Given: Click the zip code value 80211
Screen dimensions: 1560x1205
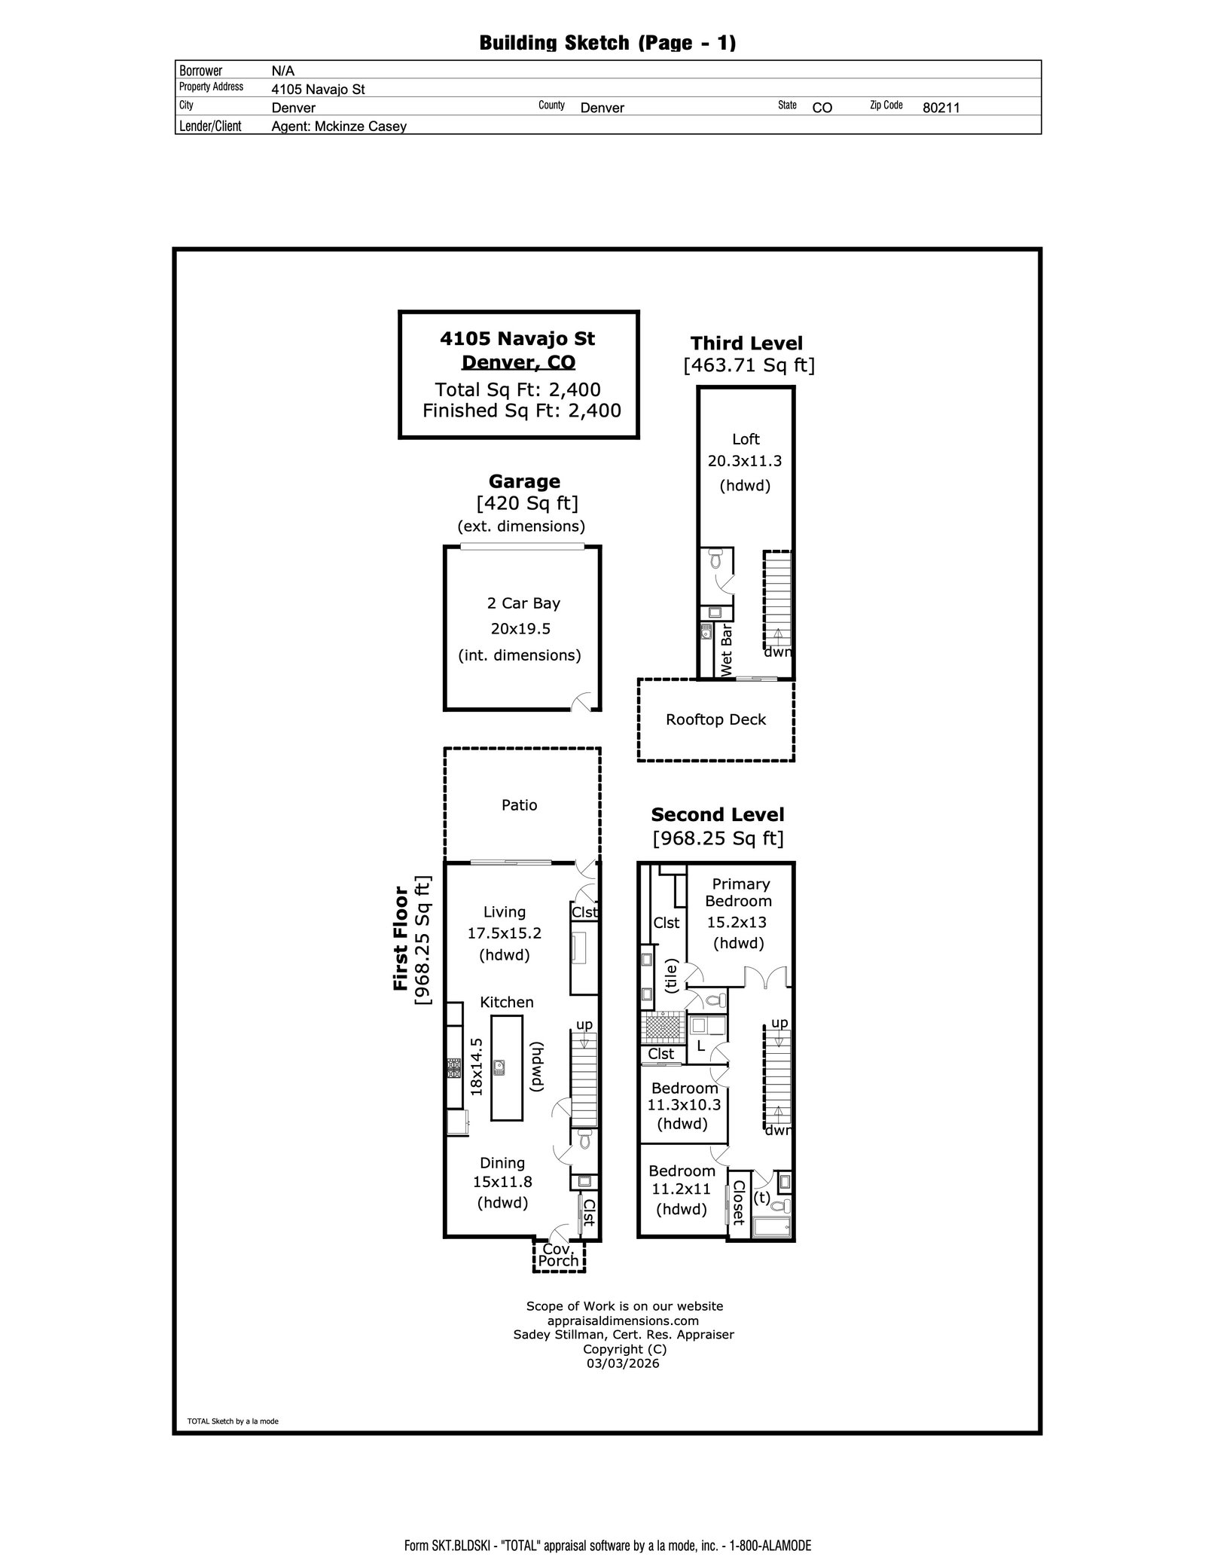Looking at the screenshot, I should coord(941,108).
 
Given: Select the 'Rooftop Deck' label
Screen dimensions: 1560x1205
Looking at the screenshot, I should coord(715,719).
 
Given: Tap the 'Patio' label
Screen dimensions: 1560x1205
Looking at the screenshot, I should coord(520,805).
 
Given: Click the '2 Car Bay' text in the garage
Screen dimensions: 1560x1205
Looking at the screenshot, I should coord(523,603).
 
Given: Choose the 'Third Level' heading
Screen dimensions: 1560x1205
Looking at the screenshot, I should coord(746,343).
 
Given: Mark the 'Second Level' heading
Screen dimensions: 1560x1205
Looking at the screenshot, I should coord(717,814).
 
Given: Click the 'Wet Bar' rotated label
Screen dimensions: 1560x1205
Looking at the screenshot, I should coord(727,651).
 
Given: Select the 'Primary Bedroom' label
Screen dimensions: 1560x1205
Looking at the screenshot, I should coord(740,893).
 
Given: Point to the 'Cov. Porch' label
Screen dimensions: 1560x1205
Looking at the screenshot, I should coord(559,1256).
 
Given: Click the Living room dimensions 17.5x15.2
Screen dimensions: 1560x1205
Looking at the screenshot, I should coord(505,933).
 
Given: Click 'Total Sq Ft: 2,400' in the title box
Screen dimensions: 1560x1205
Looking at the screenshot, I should coord(518,389).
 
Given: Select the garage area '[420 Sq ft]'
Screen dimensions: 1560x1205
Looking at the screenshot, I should coord(527,502).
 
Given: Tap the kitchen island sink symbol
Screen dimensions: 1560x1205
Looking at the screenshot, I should coord(499,1065).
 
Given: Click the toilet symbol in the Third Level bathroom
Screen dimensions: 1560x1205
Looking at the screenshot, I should coord(715,560).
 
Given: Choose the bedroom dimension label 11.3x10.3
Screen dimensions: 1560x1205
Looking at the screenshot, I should coord(684,1105).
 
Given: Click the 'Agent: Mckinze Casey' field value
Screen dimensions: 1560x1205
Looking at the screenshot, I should coord(339,127).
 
